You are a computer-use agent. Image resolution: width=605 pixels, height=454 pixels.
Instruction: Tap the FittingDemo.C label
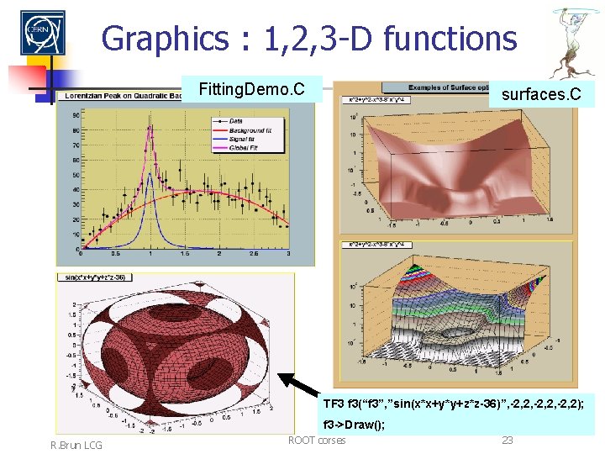coord(250,87)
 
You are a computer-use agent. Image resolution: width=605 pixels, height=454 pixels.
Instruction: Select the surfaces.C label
coord(540,93)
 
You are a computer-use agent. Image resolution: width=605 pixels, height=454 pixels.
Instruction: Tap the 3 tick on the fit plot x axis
coord(287,253)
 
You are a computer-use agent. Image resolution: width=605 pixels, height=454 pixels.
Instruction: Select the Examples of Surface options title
coord(445,87)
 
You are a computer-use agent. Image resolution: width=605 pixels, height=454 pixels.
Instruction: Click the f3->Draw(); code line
coord(354,425)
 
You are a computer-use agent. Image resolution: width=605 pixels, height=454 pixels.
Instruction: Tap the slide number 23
coord(507,440)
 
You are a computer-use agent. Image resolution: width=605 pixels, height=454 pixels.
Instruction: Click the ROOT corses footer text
coord(316,440)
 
